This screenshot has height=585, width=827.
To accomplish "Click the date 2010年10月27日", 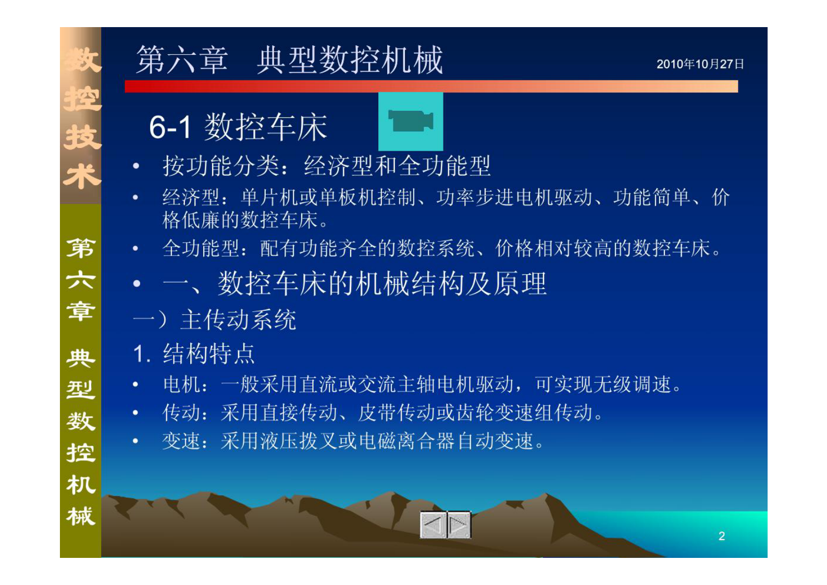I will tap(700, 64).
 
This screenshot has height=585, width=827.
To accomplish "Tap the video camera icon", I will tap(411, 121).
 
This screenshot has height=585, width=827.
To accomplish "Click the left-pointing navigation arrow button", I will tap(433, 525).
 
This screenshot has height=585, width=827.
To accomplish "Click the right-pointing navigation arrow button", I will tap(459, 525).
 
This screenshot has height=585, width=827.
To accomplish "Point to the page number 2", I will tap(722, 536).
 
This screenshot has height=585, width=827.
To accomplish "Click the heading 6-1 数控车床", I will tap(238, 127).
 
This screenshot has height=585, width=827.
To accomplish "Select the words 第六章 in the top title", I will tap(182, 60).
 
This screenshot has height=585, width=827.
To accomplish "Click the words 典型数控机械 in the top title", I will tap(350, 60).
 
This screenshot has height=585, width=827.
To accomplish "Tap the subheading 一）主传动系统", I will tap(214, 320).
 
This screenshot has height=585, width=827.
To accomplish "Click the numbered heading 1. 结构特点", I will tap(194, 354).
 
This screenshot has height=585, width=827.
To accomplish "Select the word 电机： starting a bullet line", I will tap(186, 385).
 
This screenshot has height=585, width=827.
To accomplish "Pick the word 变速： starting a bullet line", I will tap(186, 442).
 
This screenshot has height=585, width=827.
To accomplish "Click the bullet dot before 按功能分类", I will tap(136, 166).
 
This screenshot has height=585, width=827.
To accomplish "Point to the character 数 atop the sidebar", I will tap(81, 60).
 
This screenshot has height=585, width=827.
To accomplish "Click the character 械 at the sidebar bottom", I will tap(81, 516).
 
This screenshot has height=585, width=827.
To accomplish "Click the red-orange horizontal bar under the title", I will tap(431, 87).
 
